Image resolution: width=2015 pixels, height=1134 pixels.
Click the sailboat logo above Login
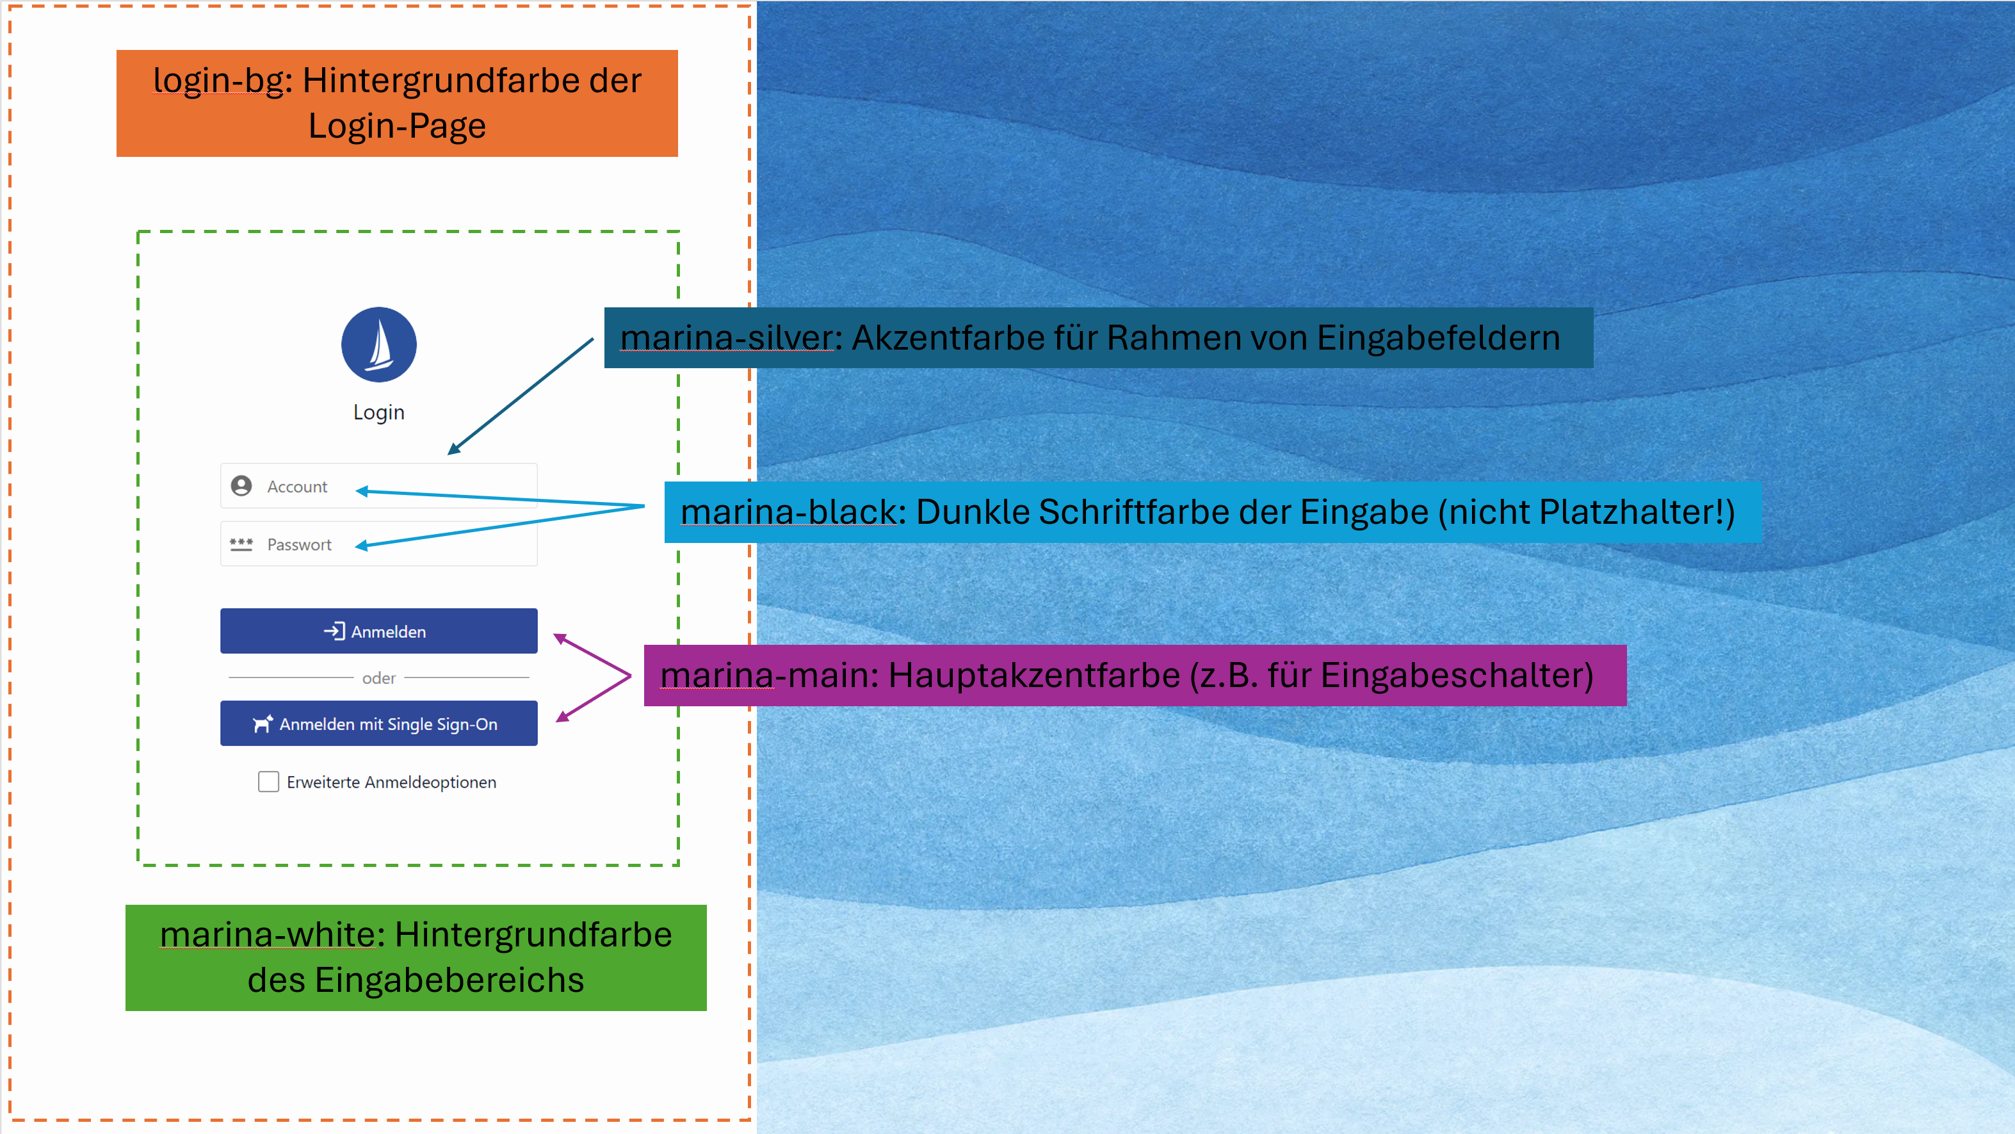[x=378, y=344]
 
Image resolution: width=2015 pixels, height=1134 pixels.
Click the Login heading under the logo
[x=378, y=412]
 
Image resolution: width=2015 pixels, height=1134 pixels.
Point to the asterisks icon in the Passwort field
[x=241, y=544]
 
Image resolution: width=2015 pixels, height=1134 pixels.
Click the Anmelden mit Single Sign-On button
[x=378, y=724]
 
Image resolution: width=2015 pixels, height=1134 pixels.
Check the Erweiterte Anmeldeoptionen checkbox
[x=268, y=782]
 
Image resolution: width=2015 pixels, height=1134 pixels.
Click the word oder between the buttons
[x=378, y=678]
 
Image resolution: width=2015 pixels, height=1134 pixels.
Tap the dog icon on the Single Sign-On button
[x=263, y=724]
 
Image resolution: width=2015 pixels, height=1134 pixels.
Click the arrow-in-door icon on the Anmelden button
[x=335, y=631]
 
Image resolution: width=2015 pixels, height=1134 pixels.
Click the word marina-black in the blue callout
[x=788, y=512]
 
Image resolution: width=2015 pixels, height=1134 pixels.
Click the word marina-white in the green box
[x=268, y=935]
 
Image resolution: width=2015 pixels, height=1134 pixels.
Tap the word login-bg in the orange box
[x=218, y=81]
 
